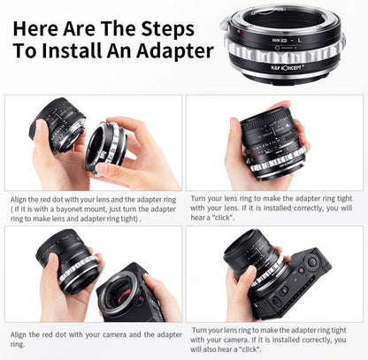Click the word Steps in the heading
[x=167, y=29]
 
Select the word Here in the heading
[x=34, y=29]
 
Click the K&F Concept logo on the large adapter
[x=287, y=68]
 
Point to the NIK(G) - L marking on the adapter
[x=287, y=41]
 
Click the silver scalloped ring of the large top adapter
[x=285, y=52]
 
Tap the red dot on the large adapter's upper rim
[x=239, y=31]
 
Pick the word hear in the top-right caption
[x=197, y=218]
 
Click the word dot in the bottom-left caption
[x=61, y=334]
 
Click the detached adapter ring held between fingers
[x=107, y=147]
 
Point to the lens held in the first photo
[x=58, y=125]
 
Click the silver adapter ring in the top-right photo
[x=277, y=162]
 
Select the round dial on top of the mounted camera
[x=311, y=261]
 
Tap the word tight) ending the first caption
[x=130, y=219]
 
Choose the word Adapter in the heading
[x=175, y=51]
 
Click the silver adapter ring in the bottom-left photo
[x=79, y=271]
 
